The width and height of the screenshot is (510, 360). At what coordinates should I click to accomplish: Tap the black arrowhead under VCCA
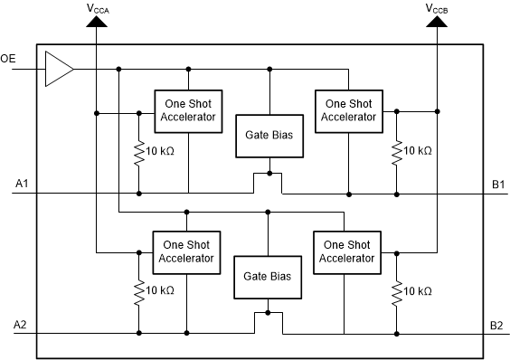pos(95,22)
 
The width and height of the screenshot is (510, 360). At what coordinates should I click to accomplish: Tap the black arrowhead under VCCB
pos(437,22)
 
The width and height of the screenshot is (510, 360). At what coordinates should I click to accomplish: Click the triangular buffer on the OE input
pos(58,69)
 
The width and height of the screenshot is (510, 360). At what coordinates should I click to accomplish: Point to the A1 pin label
pos(23,185)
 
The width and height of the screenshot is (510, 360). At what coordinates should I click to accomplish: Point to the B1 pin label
pos(497,185)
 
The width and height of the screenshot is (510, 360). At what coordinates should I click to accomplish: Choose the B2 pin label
pos(497,325)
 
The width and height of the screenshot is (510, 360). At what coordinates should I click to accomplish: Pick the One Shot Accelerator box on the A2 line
pos(185,251)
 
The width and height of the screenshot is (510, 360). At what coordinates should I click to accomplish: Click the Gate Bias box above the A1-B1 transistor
pos(269,136)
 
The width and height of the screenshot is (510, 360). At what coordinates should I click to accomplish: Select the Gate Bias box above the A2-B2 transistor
pos(267,275)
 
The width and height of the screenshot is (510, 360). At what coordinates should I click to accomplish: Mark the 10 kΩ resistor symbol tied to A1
pos(138,150)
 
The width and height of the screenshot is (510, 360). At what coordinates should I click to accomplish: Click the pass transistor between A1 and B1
pos(269,183)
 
